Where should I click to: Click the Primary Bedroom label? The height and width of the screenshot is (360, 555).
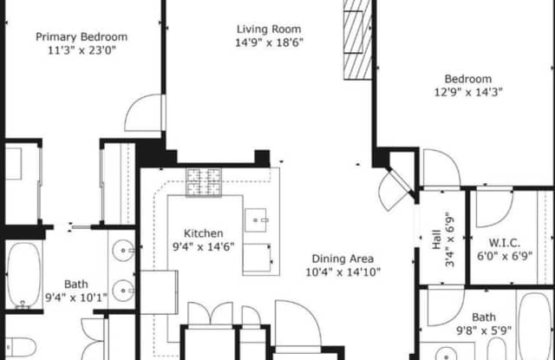82,36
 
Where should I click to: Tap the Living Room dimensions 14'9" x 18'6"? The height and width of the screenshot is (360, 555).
270,43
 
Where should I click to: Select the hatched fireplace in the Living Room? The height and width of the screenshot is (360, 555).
357,40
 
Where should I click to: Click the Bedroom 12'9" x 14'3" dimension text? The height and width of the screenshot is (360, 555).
468,93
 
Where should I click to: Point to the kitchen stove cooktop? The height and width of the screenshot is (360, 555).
204,182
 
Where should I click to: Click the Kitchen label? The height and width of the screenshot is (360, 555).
204,233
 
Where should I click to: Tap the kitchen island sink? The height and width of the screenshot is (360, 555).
256,220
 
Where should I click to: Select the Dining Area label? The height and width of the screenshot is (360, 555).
343,259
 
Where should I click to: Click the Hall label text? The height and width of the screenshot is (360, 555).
437,239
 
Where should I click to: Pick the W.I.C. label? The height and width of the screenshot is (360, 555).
505,243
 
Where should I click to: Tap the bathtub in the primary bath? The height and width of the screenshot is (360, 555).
24,275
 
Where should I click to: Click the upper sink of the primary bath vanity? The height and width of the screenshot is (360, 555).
123,251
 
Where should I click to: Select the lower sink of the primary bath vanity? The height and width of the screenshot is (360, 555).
123,291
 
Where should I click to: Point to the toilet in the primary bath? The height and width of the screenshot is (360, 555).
21,347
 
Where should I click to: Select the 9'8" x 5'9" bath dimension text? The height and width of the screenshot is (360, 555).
484,331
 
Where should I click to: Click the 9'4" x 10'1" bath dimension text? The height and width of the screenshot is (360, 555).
76,298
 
